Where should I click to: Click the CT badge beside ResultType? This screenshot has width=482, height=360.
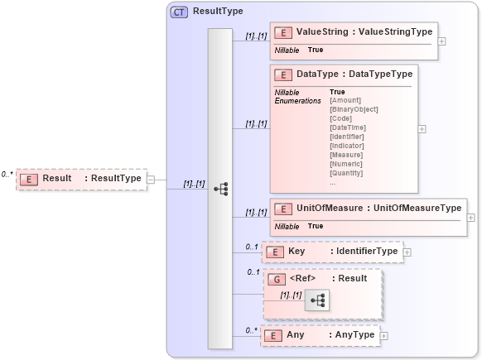(179, 12)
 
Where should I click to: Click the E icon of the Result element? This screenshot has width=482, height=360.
(29, 179)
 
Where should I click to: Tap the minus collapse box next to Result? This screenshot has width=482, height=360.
(150, 179)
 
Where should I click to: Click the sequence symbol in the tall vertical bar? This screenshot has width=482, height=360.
(220, 189)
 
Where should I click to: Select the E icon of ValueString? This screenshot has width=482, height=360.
(283, 32)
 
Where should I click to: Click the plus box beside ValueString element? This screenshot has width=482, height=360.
(442, 41)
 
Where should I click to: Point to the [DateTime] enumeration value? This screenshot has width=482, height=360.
(347, 127)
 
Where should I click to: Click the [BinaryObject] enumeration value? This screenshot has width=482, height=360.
(354, 109)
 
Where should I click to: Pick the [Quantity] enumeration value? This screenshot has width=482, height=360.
(346, 173)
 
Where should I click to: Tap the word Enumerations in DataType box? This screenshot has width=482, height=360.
(297, 101)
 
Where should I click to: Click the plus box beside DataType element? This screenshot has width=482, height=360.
(422, 129)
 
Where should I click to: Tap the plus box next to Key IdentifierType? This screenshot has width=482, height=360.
(407, 252)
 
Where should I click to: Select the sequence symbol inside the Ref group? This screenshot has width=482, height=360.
(316, 300)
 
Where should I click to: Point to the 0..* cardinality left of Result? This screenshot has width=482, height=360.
(7, 175)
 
